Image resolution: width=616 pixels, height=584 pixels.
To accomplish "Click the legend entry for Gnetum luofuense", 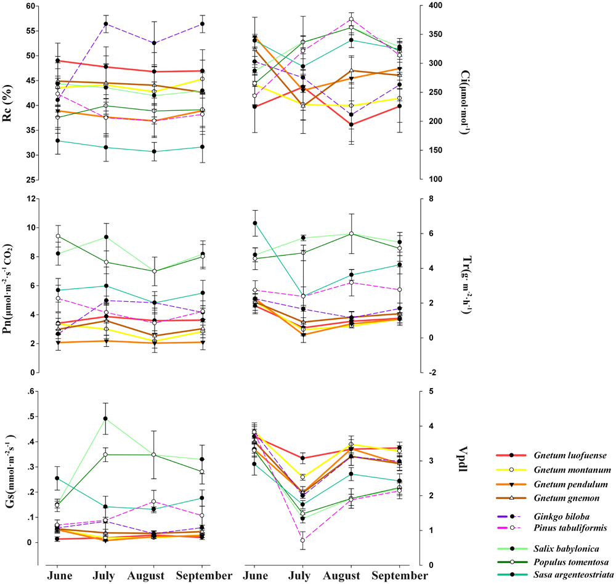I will pyautogui.click(x=562, y=455).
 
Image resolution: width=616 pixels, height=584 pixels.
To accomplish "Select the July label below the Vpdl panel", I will pyautogui.click(x=302, y=575).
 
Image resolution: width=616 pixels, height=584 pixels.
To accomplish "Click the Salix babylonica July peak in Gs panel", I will pyautogui.click(x=105, y=419).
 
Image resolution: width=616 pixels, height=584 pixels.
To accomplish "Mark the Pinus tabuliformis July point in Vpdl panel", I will pyautogui.click(x=302, y=540).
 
